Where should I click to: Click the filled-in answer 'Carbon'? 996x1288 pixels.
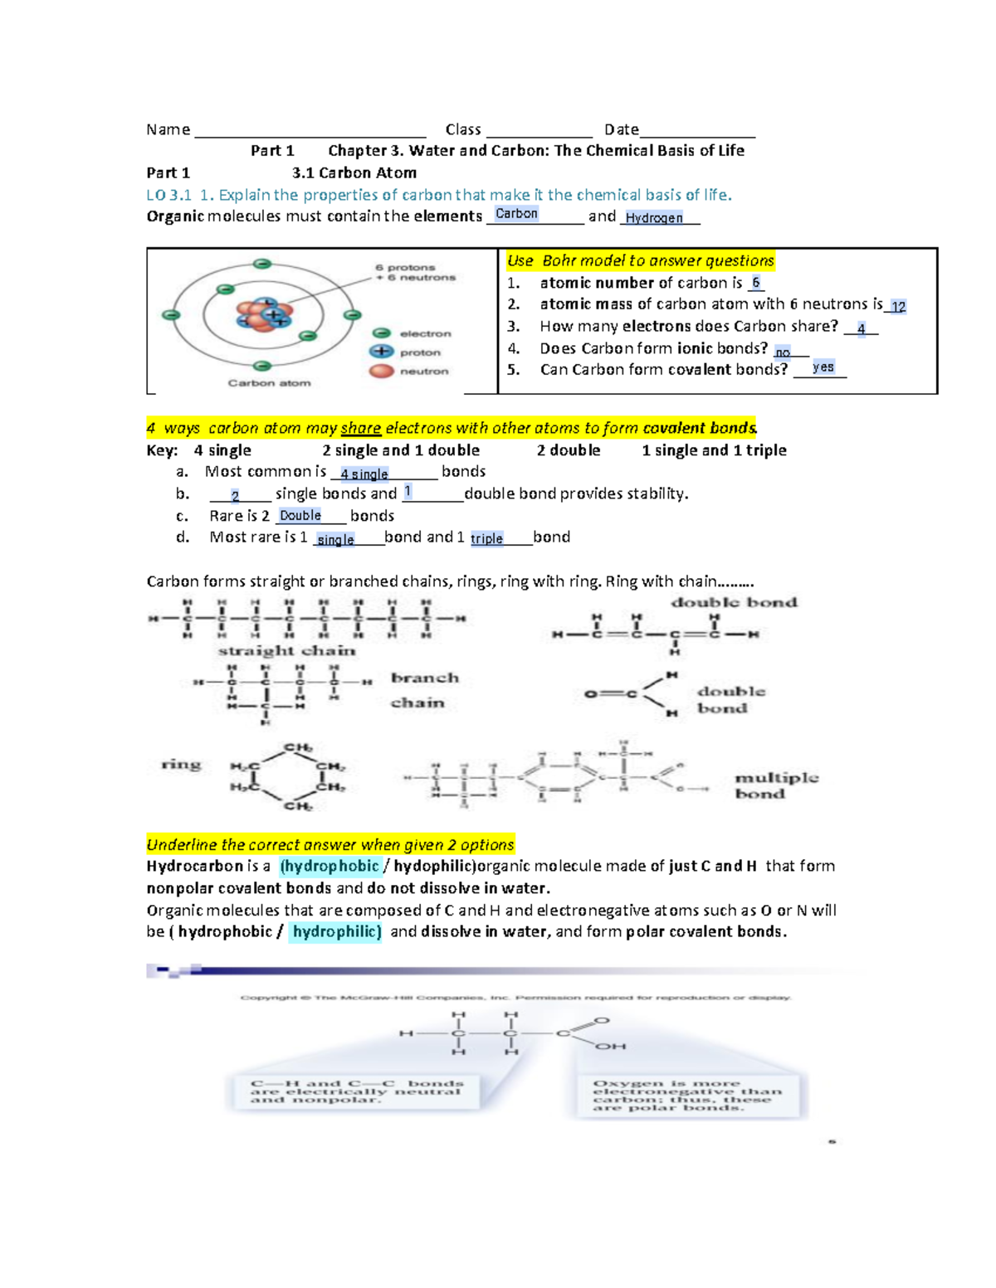pyautogui.click(x=516, y=214)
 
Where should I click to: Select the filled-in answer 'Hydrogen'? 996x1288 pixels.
pyautogui.click(x=654, y=218)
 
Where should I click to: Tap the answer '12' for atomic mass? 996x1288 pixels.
pyautogui.click(x=898, y=307)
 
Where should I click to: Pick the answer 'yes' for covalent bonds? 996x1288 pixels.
pyautogui.click(x=823, y=367)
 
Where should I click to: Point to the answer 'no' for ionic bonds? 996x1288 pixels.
pyautogui.click(x=783, y=352)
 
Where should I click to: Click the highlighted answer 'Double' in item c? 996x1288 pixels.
pyautogui.click(x=300, y=516)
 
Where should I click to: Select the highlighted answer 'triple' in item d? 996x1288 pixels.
pyautogui.click(x=486, y=539)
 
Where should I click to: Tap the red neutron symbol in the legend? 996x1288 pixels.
pyautogui.click(x=382, y=371)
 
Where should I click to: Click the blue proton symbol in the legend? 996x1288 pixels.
pyautogui.click(x=382, y=352)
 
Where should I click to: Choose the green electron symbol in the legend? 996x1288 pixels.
pyautogui.click(x=382, y=333)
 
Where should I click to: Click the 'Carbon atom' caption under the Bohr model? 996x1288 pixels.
pyautogui.click(x=269, y=383)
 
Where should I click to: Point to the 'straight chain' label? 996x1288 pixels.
pyautogui.click(x=286, y=651)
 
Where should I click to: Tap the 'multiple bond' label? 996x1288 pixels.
pyautogui.click(x=775, y=785)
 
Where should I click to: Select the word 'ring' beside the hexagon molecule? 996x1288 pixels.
pyautogui.click(x=181, y=764)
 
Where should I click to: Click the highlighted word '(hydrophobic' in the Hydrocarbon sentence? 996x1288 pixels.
pyautogui.click(x=330, y=867)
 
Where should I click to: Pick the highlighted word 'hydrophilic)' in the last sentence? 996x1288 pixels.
pyautogui.click(x=336, y=932)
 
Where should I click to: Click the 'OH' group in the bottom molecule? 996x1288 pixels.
pyautogui.click(x=610, y=1047)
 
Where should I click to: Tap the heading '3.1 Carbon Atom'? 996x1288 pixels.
pyautogui.click(x=354, y=173)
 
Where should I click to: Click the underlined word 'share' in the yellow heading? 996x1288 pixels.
pyautogui.click(x=360, y=429)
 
